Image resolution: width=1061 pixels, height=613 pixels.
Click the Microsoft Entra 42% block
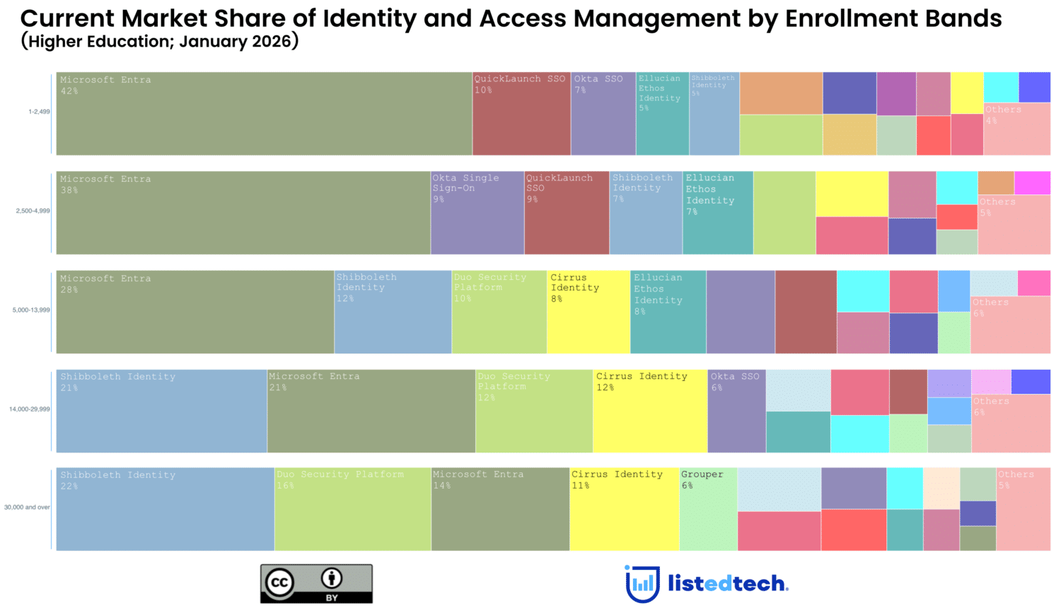(264, 114)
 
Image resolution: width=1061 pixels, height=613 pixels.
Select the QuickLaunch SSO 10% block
(521, 114)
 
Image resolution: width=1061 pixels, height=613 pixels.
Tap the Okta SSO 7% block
(603, 114)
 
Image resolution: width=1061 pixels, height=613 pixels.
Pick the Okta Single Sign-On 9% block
(477, 213)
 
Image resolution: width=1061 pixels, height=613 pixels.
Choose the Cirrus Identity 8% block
(588, 312)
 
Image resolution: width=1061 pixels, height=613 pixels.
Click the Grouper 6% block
(708, 509)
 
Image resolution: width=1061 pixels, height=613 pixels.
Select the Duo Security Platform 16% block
(352, 509)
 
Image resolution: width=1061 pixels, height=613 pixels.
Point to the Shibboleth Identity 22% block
(165, 509)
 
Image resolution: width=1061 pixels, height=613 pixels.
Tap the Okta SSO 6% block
(736, 411)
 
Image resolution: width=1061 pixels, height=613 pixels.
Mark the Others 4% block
(1016, 129)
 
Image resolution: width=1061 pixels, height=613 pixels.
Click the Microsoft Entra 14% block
(500, 509)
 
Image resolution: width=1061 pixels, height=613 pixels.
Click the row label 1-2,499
(39, 112)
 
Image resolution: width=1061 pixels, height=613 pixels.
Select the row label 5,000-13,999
(31, 310)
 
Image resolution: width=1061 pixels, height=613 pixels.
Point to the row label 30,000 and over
(27, 507)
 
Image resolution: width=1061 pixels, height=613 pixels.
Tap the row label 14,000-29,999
(29, 409)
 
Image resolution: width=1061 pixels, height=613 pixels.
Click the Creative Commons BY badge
(316, 583)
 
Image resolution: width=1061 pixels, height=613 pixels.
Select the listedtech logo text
(728, 583)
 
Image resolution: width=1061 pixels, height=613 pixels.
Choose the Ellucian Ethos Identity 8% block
(668, 312)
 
